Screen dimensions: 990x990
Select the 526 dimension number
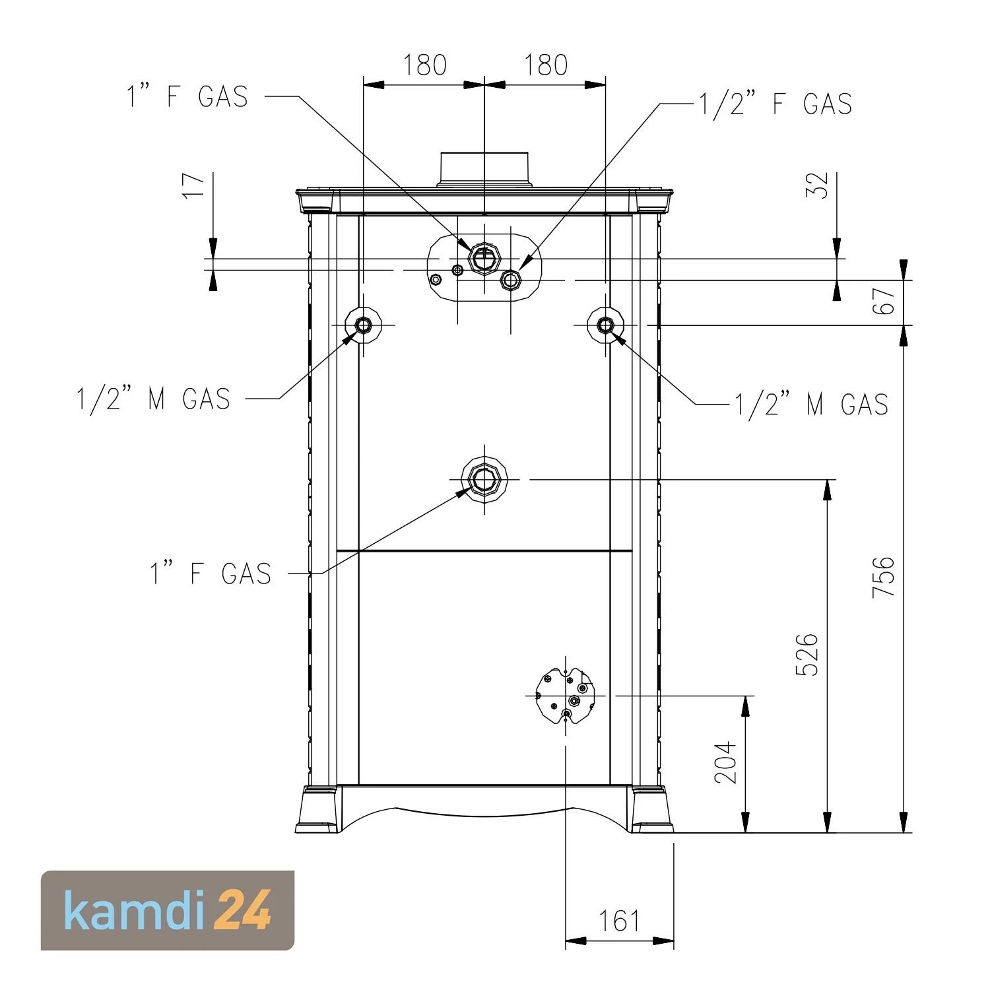pos(807,655)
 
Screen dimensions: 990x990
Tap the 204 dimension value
pos(725,762)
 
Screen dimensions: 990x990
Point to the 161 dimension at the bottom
pos(619,921)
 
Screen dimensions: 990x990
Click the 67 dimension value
pos(888,300)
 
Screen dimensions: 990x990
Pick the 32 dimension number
pos(818,185)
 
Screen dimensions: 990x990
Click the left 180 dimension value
pos(425,65)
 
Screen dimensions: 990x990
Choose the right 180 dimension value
pos(546,65)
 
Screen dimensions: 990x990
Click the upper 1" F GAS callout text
pos(187,96)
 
